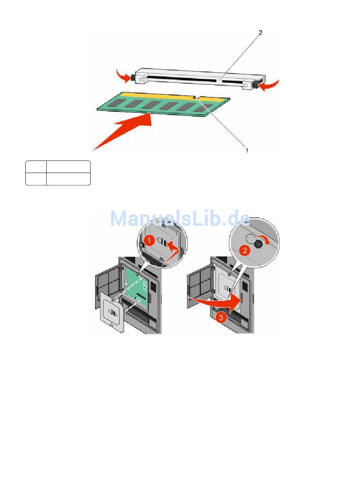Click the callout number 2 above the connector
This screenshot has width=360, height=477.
pos(260,33)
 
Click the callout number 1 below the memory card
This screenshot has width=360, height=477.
pos(247,150)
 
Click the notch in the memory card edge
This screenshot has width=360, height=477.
pos(197,97)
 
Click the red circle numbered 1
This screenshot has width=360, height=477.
pos(149,241)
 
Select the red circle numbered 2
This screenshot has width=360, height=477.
pos(245,251)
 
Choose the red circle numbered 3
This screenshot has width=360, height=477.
pos(221,318)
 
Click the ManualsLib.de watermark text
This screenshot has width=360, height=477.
pos(180,218)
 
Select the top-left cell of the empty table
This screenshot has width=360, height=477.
pos(36,167)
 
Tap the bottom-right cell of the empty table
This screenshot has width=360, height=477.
pos(68,179)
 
